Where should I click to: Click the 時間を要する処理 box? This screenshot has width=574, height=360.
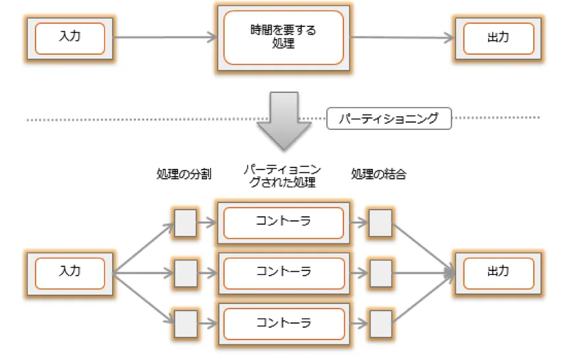[x=283, y=38]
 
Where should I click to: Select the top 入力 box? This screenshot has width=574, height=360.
[x=69, y=38]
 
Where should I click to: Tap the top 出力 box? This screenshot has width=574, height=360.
[x=498, y=38]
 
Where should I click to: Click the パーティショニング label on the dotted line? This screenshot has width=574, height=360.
[x=388, y=119]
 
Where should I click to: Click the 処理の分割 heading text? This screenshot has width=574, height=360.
[x=184, y=175]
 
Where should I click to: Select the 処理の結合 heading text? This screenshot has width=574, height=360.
[x=379, y=175]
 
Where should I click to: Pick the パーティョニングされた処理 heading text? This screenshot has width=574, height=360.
[x=283, y=176]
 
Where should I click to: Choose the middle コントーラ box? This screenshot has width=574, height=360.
[x=283, y=272]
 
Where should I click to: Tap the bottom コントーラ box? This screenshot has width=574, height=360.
[x=283, y=323]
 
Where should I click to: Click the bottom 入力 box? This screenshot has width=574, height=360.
[x=69, y=272]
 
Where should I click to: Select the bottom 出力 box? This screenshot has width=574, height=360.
[x=498, y=272]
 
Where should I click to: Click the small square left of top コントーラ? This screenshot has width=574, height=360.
[x=185, y=222]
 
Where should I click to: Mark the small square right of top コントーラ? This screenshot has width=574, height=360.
[x=380, y=222]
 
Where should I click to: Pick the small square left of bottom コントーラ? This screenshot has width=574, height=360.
[x=185, y=323]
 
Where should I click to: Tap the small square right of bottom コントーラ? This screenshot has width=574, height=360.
[x=380, y=323]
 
